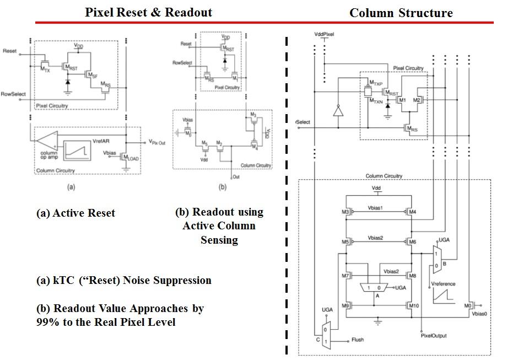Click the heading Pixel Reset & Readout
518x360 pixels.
click(x=148, y=13)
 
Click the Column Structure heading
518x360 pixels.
click(x=401, y=13)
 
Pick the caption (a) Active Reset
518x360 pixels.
click(x=75, y=213)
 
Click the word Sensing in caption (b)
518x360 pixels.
click(x=219, y=240)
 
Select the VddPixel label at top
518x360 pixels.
click(x=324, y=34)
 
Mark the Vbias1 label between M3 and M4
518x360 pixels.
click(x=376, y=209)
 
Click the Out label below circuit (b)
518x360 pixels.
click(x=236, y=178)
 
